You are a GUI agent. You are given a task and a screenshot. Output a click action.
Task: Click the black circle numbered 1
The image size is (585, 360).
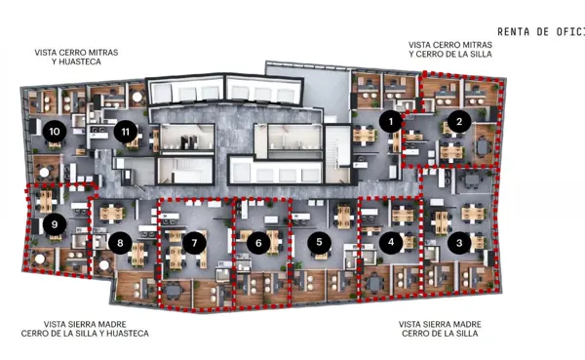(x=391, y=121)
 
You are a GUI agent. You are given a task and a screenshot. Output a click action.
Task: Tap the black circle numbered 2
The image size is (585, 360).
(x=459, y=121)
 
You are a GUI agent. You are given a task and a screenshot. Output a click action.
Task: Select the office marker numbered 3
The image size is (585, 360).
(x=459, y=243)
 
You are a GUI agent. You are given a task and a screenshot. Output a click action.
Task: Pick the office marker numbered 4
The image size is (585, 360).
(x=391, y=242)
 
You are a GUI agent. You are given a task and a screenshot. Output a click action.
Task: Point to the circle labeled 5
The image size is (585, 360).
(x=319, y=242)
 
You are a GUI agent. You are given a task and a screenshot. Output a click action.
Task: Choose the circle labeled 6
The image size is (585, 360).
(x=258, y=243)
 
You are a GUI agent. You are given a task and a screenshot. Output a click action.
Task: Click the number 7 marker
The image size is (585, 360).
(x=194, y=243)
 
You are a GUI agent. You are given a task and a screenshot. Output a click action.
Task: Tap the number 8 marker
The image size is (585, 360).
(x=120, y=244)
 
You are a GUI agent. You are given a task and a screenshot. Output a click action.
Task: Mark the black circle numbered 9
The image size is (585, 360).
(x=55, y=224)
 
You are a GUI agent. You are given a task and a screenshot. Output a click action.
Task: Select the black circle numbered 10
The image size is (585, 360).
(x=55, y=132)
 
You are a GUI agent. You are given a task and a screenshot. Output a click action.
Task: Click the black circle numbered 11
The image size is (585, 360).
(x=126, y=132)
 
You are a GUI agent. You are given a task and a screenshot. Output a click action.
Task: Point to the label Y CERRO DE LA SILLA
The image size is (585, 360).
(x=450, y=55)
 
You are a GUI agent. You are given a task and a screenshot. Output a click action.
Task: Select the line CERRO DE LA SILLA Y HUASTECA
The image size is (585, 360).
(x=85, y=334)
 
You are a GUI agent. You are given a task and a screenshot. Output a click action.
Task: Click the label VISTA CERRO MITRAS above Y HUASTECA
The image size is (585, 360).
(x=76, y=53)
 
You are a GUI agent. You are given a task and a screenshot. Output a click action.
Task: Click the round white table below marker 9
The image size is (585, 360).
(x=39, y=258)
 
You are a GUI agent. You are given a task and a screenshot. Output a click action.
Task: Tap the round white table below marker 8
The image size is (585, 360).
(x=104, y=265)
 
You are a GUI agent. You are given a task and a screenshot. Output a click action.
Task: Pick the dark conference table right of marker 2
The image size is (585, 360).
(x=483, y=146)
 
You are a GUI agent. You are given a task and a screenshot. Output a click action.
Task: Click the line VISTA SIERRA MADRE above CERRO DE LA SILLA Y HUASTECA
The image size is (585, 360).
(x=85, y=324)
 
